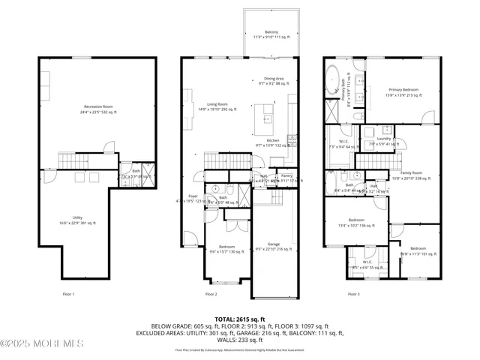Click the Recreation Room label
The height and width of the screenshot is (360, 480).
tap(99, 109)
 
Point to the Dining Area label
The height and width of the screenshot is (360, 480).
tap(273, 80)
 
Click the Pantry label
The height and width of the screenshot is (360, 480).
tap(286, 178)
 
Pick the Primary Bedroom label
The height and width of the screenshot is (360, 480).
tap(403, 92)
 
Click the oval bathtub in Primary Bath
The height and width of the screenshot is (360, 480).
tap(331, 78)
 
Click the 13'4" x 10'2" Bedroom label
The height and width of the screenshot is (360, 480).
tap(356, 223)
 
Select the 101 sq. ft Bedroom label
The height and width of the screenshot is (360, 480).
tap(418, 251)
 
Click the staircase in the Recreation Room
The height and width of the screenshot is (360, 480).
tap(74, 160)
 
